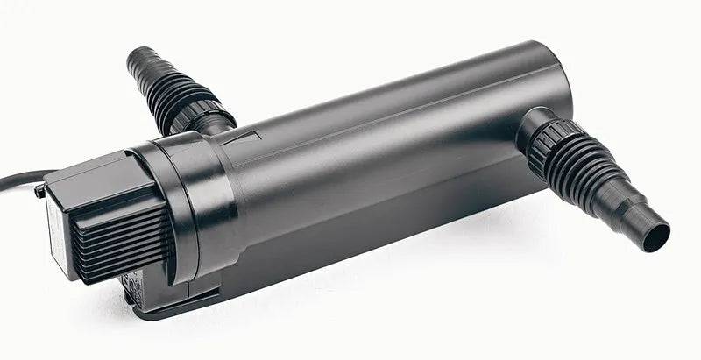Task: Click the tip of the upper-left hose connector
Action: [x=136, y=60]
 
